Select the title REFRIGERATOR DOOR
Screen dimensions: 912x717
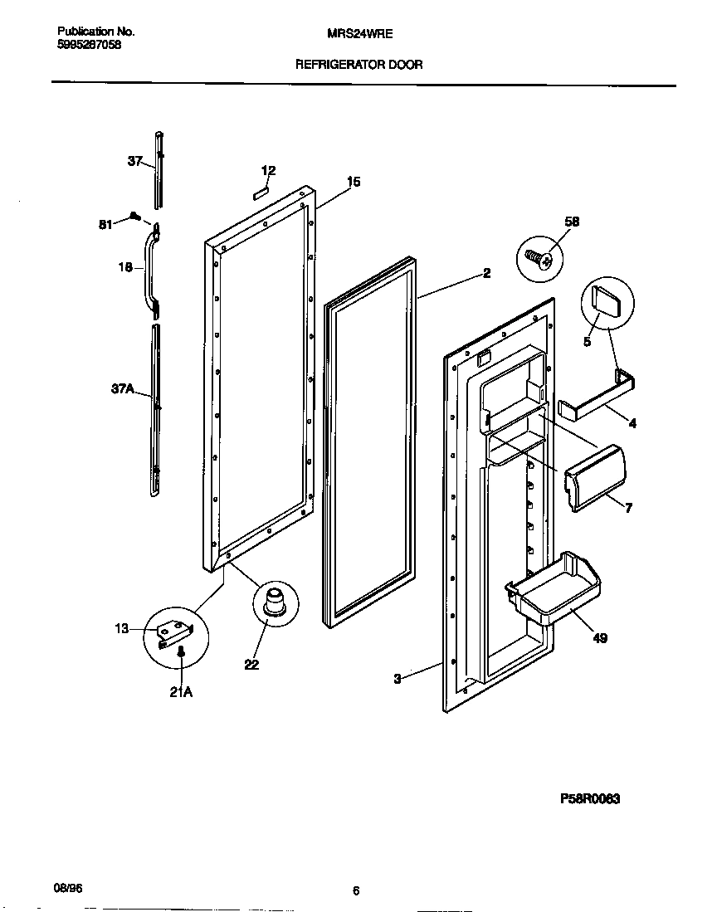click(358, 65)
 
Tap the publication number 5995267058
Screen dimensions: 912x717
click(90, 46)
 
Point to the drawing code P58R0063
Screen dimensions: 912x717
click(590, 799)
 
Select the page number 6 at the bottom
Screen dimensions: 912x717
click(356, 891)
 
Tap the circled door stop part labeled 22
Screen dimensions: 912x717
click(275, 602)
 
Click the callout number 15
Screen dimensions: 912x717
click(354, 182)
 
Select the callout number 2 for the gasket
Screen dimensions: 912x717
click(486, 273)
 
